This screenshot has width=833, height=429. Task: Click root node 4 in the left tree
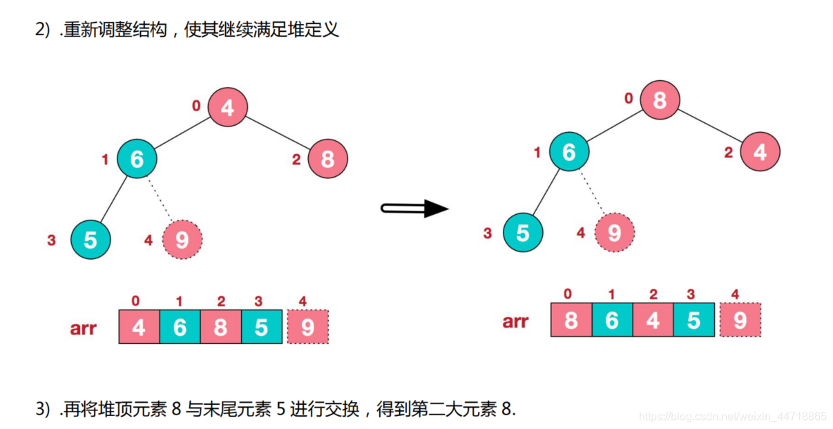point(227,107)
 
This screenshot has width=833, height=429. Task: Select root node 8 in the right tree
point(659,101)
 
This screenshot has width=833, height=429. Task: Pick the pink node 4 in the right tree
point(760,152)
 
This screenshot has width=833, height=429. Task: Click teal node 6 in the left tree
point(137,158)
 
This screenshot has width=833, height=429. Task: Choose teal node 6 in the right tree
point(569,152)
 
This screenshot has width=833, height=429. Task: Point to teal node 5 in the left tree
point(90,240)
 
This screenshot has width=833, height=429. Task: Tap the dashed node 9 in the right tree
point(615,233)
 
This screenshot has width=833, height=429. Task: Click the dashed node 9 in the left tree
point(182,240)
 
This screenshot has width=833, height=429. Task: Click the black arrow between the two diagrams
point(415,208)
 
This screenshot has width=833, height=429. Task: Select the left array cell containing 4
point(139,327)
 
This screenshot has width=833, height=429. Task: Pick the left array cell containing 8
point(220,327)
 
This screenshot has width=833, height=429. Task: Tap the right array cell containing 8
point(571,320)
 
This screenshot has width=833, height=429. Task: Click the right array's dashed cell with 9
point(740,320)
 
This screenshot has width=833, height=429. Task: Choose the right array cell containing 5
point(693,320)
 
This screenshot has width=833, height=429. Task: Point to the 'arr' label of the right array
point(516,321)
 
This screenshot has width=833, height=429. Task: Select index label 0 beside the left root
point(196,106)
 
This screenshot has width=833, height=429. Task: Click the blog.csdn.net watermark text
point(733,417)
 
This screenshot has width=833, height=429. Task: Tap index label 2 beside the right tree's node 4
point(728,153)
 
